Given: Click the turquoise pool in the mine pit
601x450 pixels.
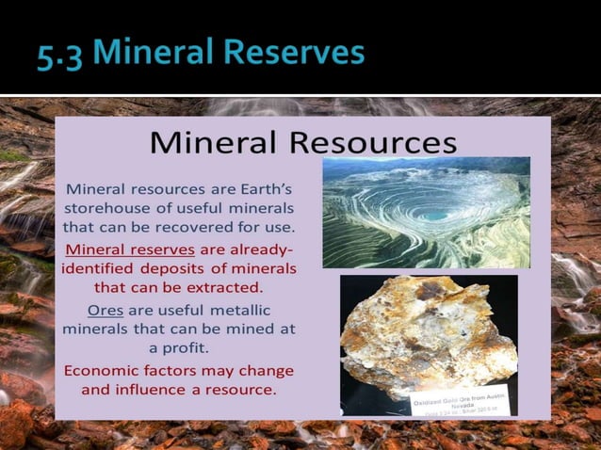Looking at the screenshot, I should [x=434, y=215].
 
